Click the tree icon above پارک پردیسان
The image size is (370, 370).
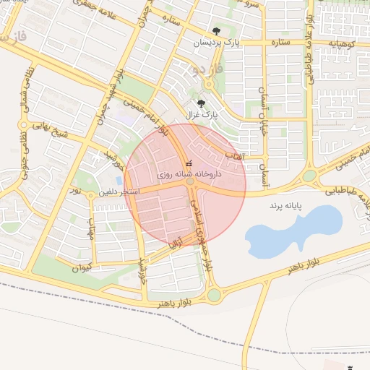click(217, 30)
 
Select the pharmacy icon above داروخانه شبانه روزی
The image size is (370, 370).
click(189, 163)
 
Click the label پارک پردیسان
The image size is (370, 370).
click(216, 44)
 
